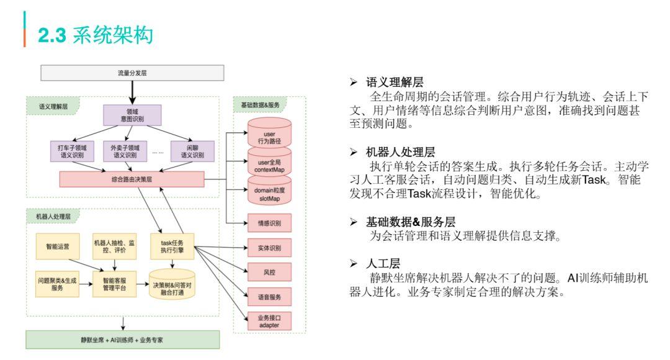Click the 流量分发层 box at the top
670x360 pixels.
(x=132, y=73)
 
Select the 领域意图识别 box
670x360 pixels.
(x=131, y=115)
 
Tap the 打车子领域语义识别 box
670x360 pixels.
(x=73, y=151)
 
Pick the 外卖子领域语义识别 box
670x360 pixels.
(x=125, y=151)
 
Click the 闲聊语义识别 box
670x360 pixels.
(x=192, y=151)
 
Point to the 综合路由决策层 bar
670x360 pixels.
(x=132, y=179)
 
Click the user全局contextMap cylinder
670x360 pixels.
(x=269, y=164)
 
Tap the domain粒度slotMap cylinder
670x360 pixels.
(x=269, y=192)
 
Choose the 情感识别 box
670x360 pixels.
(x=269, y=222)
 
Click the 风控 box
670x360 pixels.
(x=269, y=272)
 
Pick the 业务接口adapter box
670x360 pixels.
(x=269, y=321)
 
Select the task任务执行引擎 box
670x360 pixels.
(x=172, y=246)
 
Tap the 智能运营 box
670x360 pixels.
(x=57, y=246)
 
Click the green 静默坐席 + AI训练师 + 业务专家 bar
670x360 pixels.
(x=123, y=340)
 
